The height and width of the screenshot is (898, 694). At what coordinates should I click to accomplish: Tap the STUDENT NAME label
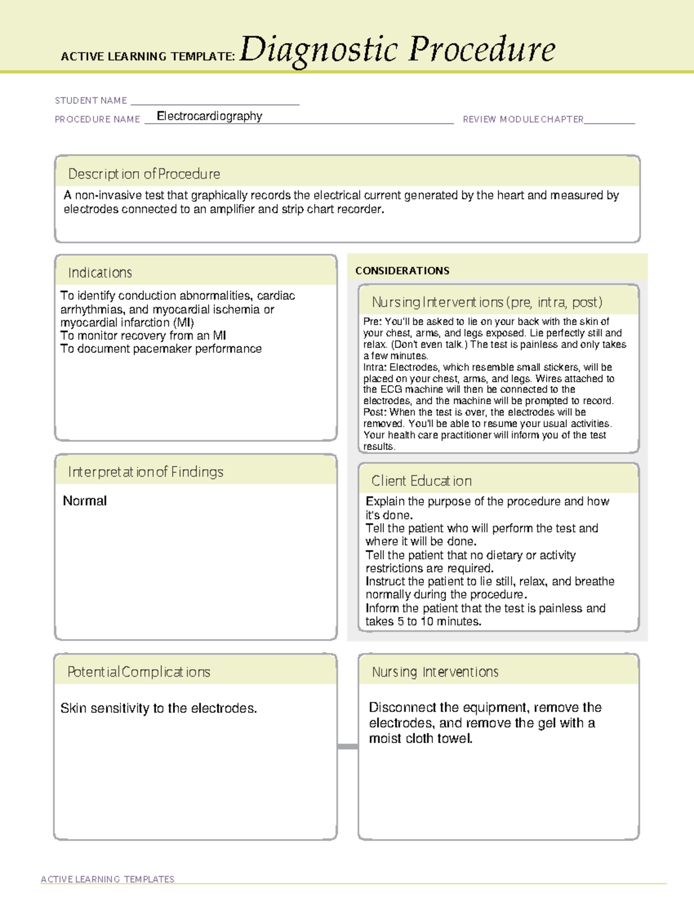point(91,101)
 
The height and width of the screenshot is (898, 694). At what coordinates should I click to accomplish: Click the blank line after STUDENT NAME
point(215,102)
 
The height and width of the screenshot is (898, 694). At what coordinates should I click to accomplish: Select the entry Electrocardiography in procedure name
point(209,116)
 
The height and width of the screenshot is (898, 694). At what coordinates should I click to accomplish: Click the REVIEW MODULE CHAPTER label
point(523,119)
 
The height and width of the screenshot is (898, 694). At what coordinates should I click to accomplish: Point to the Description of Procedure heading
point(144,174)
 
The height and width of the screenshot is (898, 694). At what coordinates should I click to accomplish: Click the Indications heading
point(100,273)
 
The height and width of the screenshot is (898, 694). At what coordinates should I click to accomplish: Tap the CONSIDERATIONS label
point(402,271)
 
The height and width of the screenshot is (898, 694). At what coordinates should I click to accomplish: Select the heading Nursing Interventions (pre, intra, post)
point(487,302)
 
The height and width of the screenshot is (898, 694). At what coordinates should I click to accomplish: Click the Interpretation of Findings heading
point(146,472)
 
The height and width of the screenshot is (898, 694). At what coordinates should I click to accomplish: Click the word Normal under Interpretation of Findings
point(84,501)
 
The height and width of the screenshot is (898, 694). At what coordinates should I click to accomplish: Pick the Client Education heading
point(422,481)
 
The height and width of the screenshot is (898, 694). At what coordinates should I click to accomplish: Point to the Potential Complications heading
point(139,672)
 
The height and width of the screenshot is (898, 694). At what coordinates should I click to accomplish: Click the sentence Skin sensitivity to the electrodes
point(158,708)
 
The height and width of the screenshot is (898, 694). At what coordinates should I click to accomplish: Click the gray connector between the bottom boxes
point(348,747)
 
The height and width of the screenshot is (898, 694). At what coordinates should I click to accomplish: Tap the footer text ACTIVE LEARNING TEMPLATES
point(108,879)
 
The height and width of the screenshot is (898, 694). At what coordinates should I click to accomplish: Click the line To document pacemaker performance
point(161,349)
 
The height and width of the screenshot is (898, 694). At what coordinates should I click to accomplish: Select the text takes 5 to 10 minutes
point(423,622)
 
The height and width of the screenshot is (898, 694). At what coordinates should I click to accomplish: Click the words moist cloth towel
point(420,738)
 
